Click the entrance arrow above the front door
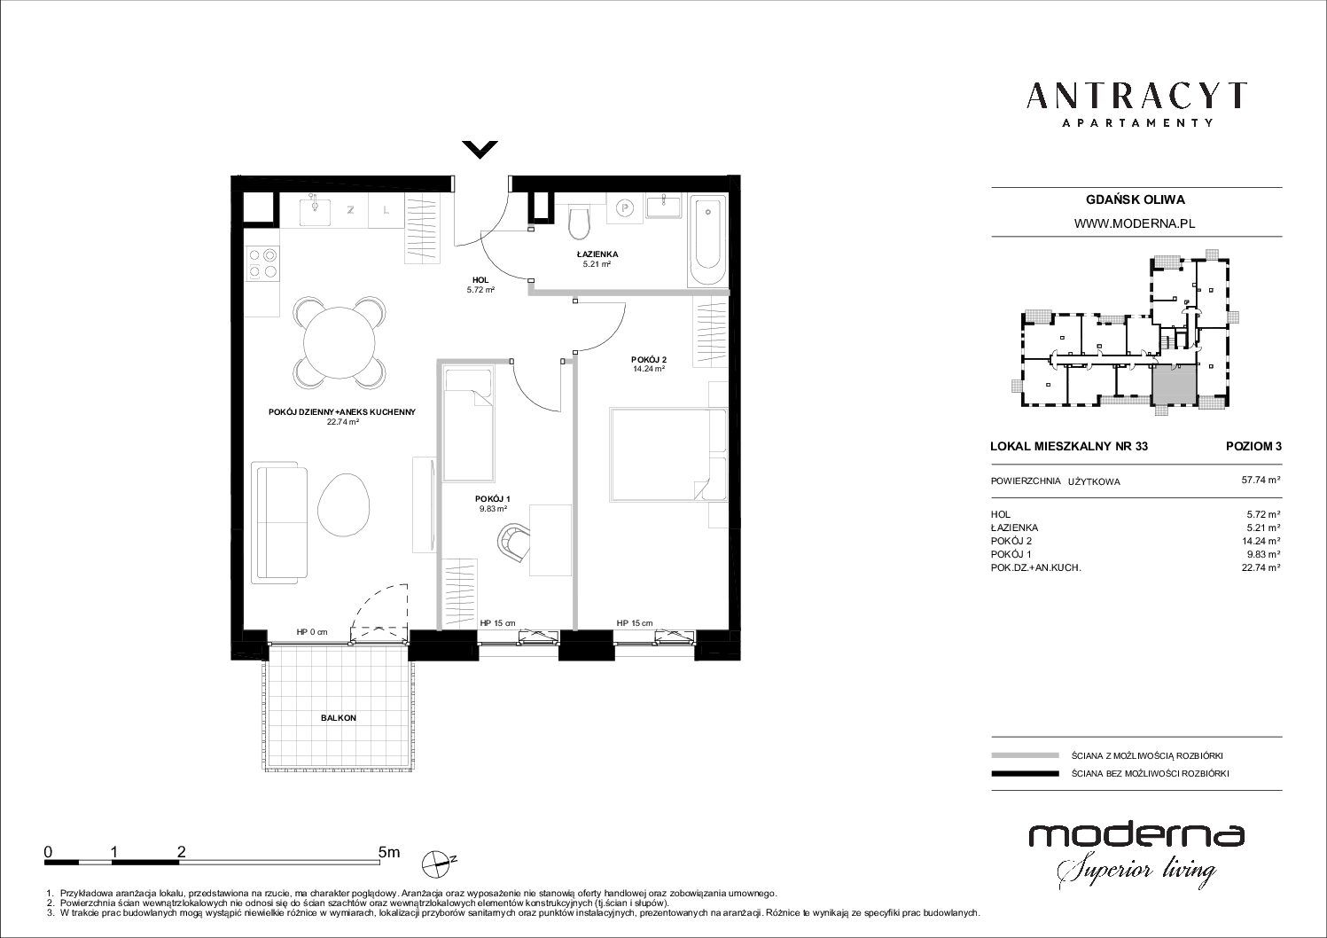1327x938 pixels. pos(480,150)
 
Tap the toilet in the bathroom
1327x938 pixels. pos(579,222)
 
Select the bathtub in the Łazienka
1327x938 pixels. pos(707,241)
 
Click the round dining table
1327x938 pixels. pos(340,342)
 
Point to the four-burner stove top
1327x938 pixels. pos(263,263)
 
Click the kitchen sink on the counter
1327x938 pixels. pos(315,210)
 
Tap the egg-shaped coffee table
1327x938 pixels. pos(344,506)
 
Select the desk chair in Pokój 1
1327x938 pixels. pos(513,541)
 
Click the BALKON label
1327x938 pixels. pos(339,717)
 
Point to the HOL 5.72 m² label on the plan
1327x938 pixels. pos(480,285)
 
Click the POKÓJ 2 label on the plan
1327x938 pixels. pos(649,360)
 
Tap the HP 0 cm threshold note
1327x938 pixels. pos(312,632)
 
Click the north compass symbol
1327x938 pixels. pos(438,864)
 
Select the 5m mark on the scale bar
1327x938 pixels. pos(389,852)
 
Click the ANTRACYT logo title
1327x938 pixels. pos(1136,96)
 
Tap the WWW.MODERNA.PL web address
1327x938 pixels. pos(1135,223)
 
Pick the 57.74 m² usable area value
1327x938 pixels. pos(1261,480)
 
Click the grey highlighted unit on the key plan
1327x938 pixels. pos(1174,384)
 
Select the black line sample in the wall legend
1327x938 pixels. pos(1025,773)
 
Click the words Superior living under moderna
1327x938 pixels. pos(1136,871)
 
